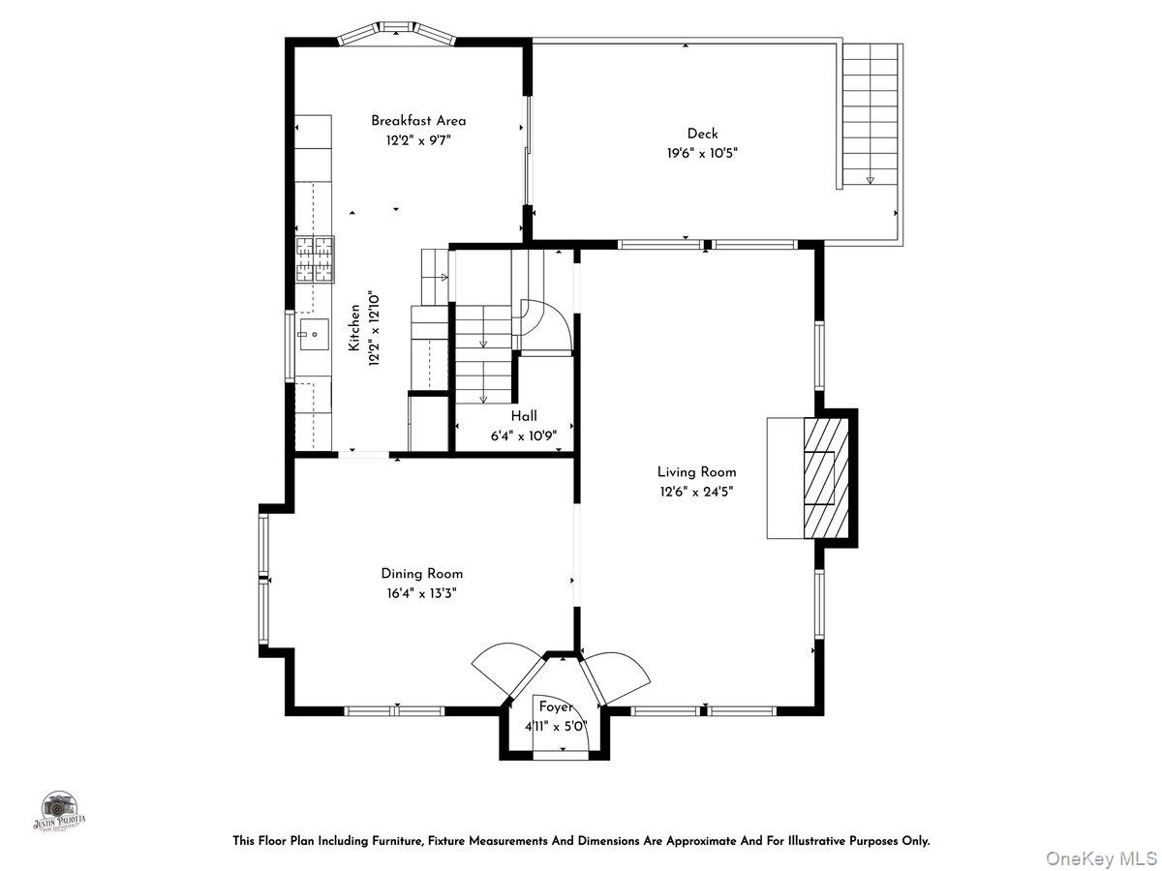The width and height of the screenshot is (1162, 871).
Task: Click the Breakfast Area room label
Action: (x=418, y=121)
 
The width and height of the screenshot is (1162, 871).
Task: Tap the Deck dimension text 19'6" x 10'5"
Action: (x=702, y=152)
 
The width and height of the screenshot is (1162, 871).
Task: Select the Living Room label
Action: (x=696, y=472)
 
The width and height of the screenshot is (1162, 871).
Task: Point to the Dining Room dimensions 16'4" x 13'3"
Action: (x=421, y=592)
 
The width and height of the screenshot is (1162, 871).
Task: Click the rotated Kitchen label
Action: (x=355, y=327)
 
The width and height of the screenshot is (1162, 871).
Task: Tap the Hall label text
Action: (x=524, y=416)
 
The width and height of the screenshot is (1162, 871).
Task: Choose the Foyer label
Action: (x=556, y=706)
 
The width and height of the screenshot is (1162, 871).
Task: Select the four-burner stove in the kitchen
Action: (x=315, y=259)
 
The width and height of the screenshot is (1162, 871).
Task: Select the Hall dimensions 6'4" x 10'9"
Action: (x=524, y=435)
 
